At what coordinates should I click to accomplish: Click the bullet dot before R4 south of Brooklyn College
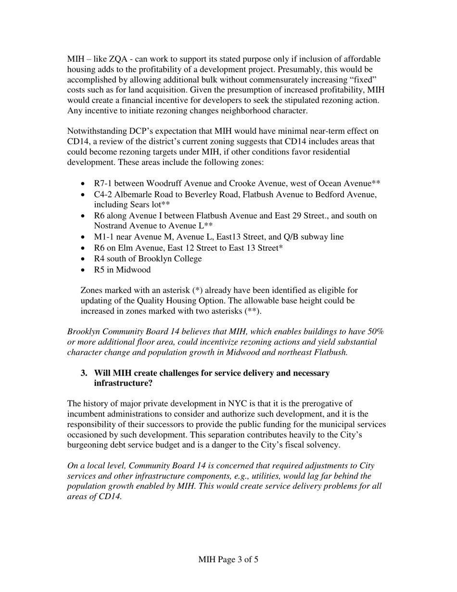[84, 259]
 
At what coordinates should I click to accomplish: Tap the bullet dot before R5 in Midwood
[84, 270]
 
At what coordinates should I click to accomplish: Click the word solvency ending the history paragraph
[323, 445]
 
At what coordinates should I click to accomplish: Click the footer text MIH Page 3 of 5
[228, 560]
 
